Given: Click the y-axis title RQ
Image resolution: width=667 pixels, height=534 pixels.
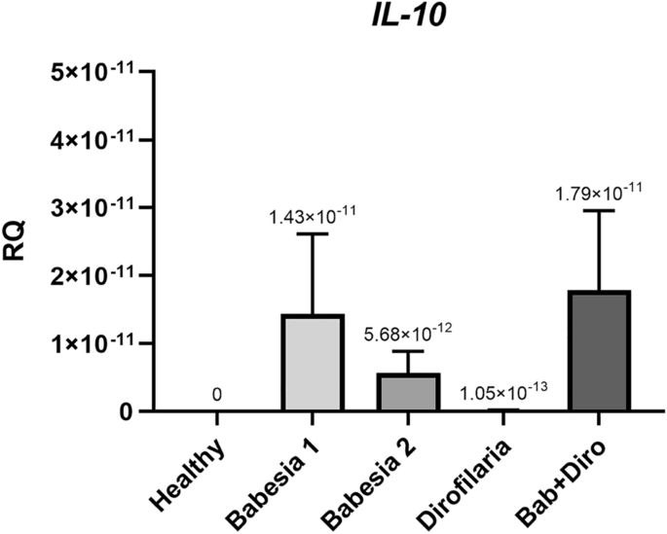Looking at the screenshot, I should click(19, 242).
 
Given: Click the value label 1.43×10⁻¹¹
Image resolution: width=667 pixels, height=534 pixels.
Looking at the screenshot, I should click(313, 215).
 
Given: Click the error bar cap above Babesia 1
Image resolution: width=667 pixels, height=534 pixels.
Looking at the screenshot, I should click(313, 233).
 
